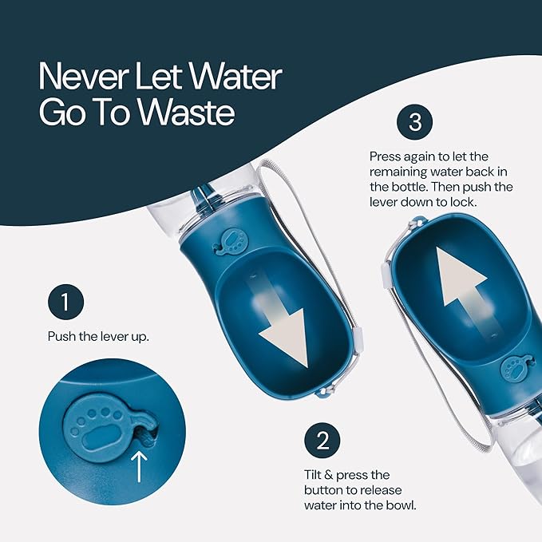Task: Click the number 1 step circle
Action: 65,302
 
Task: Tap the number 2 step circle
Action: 322,441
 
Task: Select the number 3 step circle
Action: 415,122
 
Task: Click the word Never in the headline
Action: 84,76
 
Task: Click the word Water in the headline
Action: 236,76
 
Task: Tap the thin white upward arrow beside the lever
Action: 140,467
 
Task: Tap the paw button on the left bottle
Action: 231,241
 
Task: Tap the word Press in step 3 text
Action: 385,156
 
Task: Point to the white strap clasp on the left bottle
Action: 358,341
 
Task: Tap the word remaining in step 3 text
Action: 398,172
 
